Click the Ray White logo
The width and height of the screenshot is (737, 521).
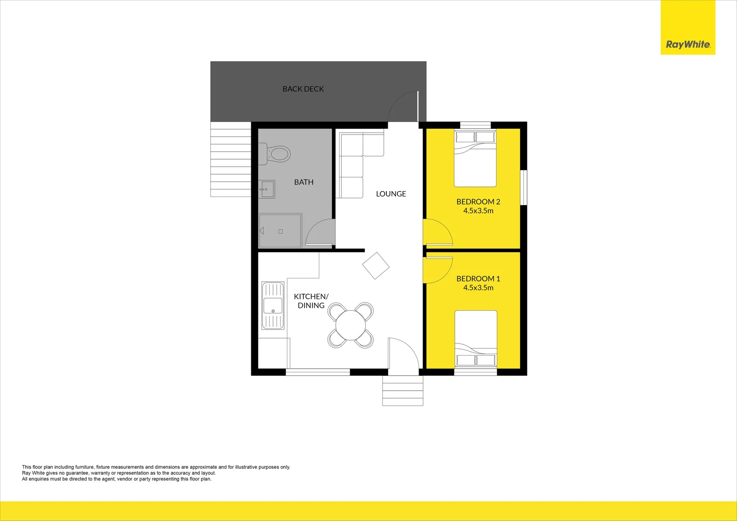tap(688, 44)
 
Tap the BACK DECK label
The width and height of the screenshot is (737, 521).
tap(303, 89)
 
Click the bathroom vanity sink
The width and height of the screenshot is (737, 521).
tap(267, 189)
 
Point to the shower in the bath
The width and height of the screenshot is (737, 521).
tap(280, 231)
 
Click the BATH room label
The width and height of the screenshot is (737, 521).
tap(304, 182)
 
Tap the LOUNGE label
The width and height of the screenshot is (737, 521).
tap(391, 193)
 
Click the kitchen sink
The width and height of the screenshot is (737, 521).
tap(273, 305)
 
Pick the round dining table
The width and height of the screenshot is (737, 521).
tap(351, 325)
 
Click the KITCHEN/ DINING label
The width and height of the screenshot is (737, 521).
tap(311, 301)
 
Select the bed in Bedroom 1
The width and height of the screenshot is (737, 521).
tap(476, 340)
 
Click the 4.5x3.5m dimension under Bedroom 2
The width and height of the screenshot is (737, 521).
tap(478, 211)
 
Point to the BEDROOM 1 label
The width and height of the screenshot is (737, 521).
tap(478, 278)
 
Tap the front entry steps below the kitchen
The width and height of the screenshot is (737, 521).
tap(403, 391)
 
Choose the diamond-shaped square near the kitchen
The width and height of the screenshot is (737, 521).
tap(376, 265)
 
